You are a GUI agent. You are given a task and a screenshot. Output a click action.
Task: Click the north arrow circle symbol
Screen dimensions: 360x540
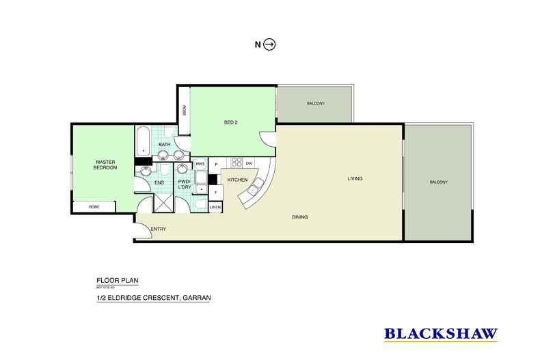(270, 45)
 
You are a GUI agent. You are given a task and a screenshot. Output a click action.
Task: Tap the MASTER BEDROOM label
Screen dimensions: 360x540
(106, 165)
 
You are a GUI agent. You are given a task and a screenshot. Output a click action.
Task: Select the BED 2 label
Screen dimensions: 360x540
(230, 123)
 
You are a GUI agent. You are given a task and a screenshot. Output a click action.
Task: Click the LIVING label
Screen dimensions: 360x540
(354, 178)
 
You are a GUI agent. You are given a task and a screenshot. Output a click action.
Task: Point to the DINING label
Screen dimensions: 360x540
(299, 217)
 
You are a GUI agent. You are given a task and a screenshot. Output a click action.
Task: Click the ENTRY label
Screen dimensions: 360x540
(158, 229)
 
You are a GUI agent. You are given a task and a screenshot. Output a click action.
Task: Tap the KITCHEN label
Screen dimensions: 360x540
(237, 179)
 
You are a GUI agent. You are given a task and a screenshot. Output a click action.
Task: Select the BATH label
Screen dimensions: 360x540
(165, 145)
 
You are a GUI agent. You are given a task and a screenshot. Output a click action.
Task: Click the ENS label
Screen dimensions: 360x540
(159, 182)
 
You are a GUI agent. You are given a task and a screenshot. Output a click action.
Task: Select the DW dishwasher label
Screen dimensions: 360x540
(249, 163)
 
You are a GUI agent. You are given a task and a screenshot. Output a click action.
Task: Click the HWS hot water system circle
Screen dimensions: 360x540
(200, 165)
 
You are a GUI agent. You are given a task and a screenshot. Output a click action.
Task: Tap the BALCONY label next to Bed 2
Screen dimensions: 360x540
(315, 103)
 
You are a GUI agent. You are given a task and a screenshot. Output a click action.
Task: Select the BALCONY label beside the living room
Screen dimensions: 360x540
(438, 182)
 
